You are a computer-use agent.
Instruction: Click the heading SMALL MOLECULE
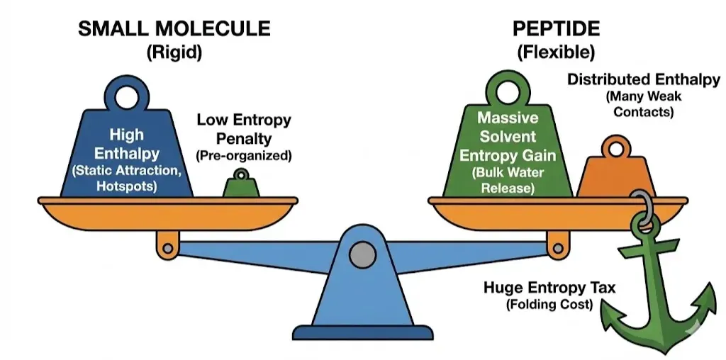pos(174,29)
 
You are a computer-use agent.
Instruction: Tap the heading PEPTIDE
pos(556,29)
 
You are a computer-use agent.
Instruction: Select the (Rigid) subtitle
pos(174,52)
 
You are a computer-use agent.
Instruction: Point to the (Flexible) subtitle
pos(555,52)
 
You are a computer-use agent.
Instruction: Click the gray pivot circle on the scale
pos(362,253)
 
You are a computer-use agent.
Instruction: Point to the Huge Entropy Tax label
pos(549,288)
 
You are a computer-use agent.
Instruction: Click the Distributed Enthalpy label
pos(643,80)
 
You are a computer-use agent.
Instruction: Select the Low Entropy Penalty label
pos(243,126)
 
